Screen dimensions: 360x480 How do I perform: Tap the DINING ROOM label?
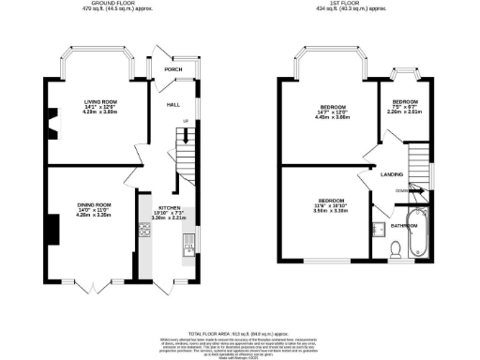click(x=95, y=204)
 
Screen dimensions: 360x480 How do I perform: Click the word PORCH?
click(x=172, y=69)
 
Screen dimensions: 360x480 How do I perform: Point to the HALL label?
click(x=173, y=105)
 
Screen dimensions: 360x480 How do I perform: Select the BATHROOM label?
click(x=404, y=226)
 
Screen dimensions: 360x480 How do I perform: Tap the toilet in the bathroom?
click(x=396, y=249)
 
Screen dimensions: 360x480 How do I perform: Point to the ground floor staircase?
click(x=186, y=155)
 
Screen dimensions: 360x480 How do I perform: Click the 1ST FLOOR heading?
click(x=352, y=3)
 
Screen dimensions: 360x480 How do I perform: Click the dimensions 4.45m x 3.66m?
click(x=333, y=117)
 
